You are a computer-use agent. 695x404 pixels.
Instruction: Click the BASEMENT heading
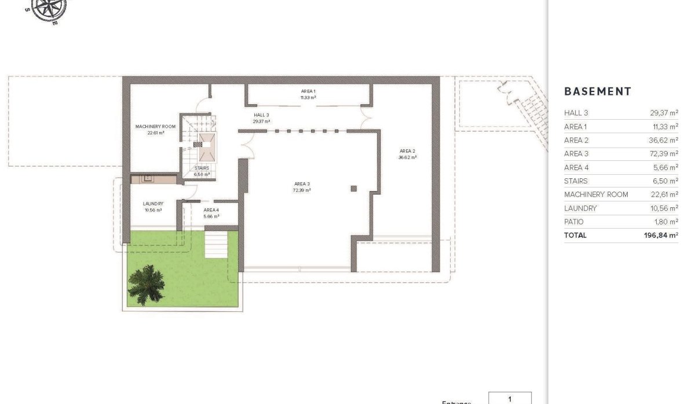pos(597,91)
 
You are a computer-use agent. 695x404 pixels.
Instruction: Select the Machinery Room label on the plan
pos(155,126)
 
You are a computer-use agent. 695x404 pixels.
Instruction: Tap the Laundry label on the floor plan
pos(153,204)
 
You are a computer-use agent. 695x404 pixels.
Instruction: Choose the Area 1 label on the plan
pos(308,91)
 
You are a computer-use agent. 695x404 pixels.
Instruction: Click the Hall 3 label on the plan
pos(261,115)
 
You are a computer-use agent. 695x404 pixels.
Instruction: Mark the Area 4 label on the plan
pos(211,210)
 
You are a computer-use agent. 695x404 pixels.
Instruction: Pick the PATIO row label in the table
pos(574,222)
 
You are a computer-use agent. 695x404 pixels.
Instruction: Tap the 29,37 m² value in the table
pos(664,113)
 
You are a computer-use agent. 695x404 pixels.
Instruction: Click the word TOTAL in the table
pos(575,235)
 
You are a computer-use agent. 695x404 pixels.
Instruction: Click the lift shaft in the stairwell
pos(206,147)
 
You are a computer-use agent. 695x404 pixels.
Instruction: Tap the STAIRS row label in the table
pos(576,181)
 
